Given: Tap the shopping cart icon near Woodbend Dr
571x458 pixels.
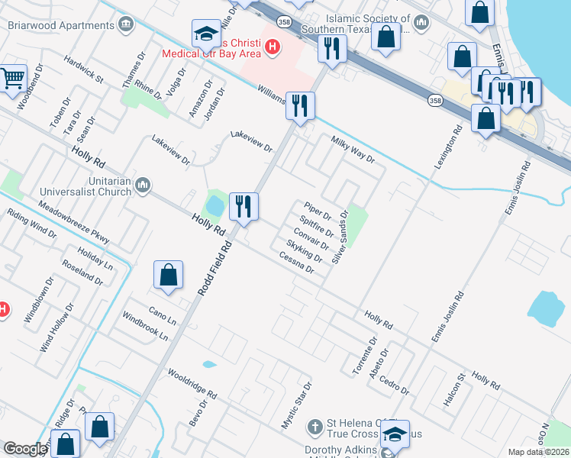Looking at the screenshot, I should click(x=12, y=78).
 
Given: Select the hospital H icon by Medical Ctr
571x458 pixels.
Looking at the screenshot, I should click(x=270, y=48).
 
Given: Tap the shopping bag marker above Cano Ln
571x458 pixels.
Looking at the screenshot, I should click(x=168, y=276).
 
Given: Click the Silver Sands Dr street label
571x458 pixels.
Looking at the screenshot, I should click(x=340, y=237).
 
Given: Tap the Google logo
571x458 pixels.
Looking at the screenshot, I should click(x=25, y=449).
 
